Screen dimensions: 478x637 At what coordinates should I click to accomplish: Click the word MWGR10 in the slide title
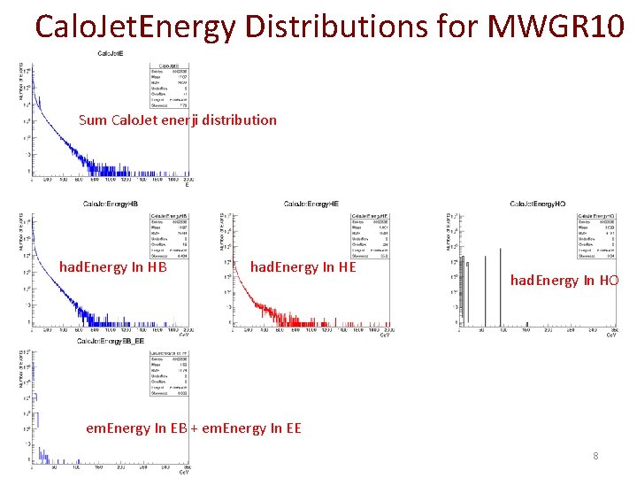tap(559, 27)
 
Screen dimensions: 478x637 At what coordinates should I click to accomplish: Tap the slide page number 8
tap(596, 456)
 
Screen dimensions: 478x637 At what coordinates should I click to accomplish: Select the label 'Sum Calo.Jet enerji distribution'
tap(177, 119)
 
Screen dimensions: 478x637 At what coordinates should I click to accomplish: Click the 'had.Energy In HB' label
tap(112, 266)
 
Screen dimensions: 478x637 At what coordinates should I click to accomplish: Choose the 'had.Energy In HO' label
tap(564, 281)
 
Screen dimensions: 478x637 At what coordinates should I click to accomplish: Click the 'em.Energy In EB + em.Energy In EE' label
tap(193, 428)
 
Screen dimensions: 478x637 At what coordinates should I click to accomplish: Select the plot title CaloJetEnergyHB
tap(110, 204)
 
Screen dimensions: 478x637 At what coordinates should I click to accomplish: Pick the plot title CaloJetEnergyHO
tap(537, 204)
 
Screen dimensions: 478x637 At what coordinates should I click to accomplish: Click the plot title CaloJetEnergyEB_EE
tap(110, 341)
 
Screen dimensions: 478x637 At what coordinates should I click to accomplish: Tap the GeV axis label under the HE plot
tap(383, 335)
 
